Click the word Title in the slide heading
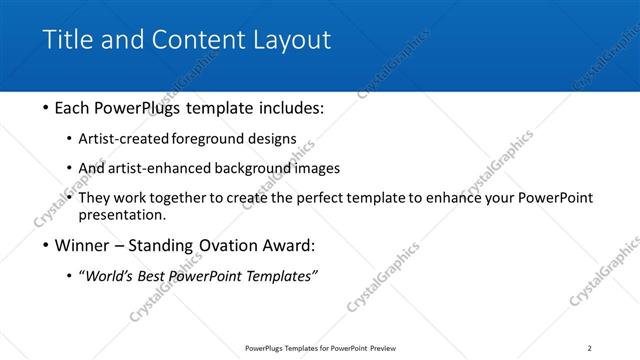[x=66, y=40]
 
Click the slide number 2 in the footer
[x=589, y=348]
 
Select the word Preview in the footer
[x=382, y=348]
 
